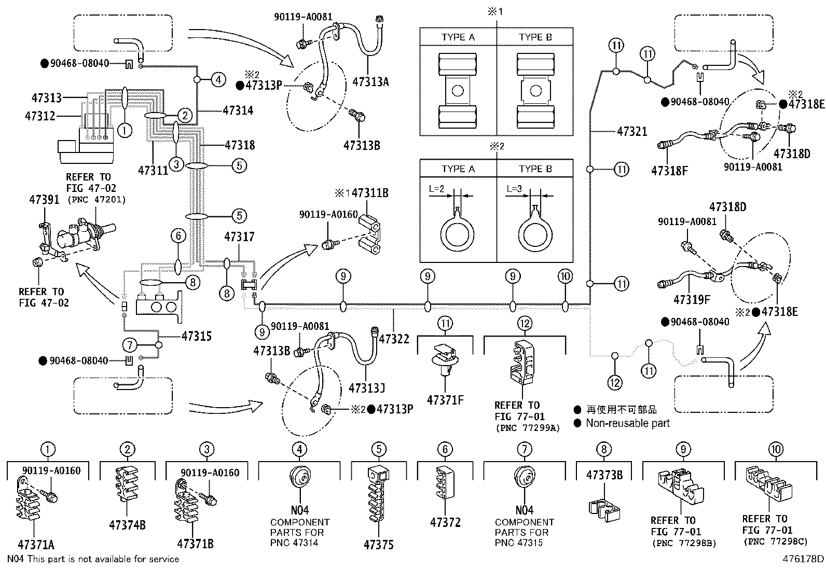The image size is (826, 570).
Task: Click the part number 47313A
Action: tap(370, 81)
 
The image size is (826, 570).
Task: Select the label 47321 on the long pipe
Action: tap(632, 131)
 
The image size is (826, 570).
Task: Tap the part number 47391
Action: tap(44, 200)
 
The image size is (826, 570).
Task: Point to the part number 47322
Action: tap(394, 339)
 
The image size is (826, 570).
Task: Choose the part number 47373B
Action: tap(604, 475)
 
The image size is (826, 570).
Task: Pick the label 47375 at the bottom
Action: tap(378, 545)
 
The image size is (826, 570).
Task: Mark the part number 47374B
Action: tap(127, 525)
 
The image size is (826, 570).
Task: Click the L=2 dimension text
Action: tap(436, 189)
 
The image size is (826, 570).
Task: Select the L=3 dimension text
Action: tap(514, 189)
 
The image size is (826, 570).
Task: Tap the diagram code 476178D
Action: tap(803, 559)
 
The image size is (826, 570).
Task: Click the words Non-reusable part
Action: tap(628, 423)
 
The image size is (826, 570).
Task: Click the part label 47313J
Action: tap(367, 388)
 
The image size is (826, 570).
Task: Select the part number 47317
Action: tap(239, 237)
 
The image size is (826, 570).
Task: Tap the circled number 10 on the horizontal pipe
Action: tap(566, 276)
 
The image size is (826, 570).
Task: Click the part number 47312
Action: tap(40, 116)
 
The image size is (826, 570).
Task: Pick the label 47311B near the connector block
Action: tap(369, 193)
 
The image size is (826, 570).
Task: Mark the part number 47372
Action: tap(445, 523)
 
